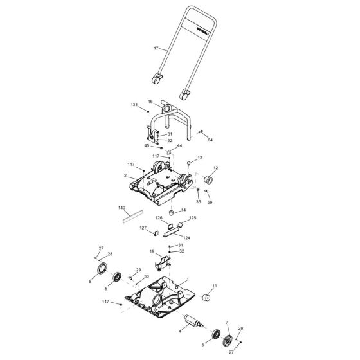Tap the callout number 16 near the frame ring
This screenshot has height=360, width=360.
150,102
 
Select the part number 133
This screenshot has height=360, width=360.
134,104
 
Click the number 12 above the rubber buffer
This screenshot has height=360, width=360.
215,168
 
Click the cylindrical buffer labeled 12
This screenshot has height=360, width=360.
209,182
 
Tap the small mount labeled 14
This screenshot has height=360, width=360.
172,212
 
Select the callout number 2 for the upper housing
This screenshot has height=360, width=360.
125,174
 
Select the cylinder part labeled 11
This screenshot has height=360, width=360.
208,298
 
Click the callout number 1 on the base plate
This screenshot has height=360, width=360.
186,280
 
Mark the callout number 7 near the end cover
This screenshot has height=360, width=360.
226,321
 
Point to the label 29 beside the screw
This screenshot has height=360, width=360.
138,271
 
